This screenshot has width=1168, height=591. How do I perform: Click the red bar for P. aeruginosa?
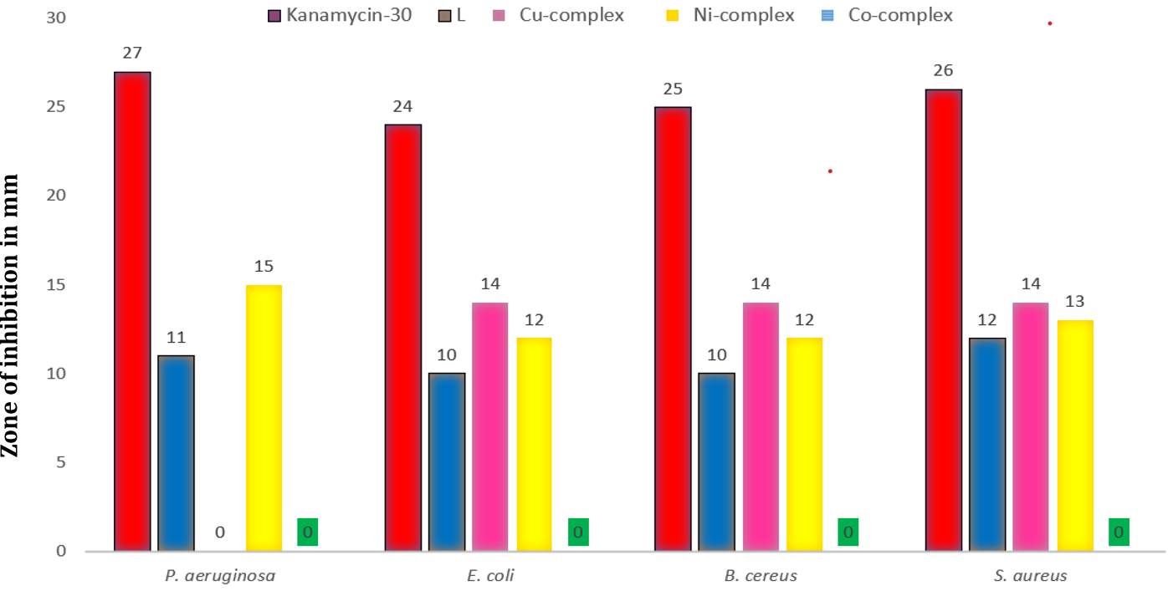pyautogui.click(x=132, y=311)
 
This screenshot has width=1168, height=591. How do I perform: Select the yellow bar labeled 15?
pyautogui.click(x=264, y=418)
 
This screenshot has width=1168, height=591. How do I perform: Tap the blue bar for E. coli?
pyautogui.click(x=447, y=461)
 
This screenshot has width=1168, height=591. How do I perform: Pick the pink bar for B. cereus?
pyautogui.click(x=761, y=426)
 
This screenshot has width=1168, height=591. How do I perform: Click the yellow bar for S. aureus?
pyautogui.click(x=1075, y=435)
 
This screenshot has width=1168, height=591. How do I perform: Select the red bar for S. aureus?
pyautogui.click(x=944, y=319)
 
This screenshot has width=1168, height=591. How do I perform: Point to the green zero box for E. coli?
pyautogui.click(x=578, y=532)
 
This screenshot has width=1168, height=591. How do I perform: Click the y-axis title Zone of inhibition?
pyautogui.click(x=12, y=315)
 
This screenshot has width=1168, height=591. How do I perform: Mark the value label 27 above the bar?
pyautogui.click(x=132, y=53)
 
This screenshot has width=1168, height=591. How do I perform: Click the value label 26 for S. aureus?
pyautogui.click(x=944, y=70)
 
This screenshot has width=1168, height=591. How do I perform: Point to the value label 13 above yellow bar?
pyautogui.click(x=1075, y=302)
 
